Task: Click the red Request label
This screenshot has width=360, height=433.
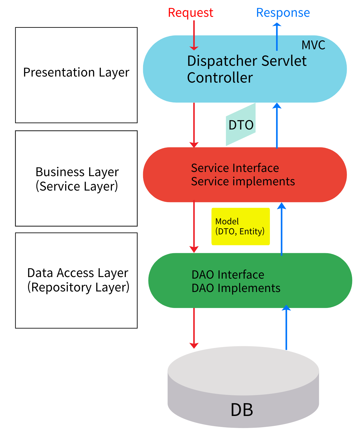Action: point(190,13)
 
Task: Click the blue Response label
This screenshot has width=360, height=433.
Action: point(283,13)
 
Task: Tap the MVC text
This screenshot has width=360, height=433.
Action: point(313,45)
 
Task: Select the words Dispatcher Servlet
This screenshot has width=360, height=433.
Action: point(247,61)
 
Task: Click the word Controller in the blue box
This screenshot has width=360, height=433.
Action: point(220,78)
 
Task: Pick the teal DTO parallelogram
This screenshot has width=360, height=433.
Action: point(241,125)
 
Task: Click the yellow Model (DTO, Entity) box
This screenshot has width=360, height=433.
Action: point(241,226)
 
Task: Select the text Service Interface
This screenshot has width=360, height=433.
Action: point(235,168)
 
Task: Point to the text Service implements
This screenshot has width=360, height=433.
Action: point(243,181)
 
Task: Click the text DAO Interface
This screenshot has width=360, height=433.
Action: point(228,275)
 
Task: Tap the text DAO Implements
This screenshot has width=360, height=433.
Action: point(236,288)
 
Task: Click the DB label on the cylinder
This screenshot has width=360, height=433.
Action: point(242,410)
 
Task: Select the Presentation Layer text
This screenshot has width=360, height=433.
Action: point(76,72)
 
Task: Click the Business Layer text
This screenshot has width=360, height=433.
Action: point(77,172)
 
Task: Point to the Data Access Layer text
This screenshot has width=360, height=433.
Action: point(78,273)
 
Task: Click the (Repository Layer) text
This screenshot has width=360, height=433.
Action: point(78,287)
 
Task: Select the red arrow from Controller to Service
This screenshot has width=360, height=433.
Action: point(194,125)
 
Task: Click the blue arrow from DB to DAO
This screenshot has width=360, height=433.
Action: point(286,328)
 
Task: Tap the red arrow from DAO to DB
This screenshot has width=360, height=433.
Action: point(194,328)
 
